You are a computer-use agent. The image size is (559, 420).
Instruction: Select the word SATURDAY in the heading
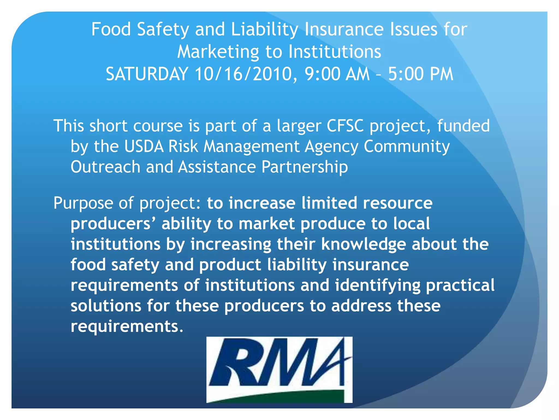[x=147, y=74]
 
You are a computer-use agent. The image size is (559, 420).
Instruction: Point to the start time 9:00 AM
[x=337, y=74]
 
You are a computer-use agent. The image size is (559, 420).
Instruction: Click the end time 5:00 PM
[x=421, y=74]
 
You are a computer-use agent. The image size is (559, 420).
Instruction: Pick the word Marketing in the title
[x=218, y=52]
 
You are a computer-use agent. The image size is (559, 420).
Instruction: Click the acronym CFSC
[x=345, y=126]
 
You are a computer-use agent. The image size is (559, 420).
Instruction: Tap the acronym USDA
[x=144, y=146]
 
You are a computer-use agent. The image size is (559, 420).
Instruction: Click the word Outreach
[x=105, y=167]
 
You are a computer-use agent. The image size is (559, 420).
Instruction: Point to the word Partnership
[x=305, y=167]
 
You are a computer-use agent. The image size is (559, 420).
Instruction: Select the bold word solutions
[x=106, y=306]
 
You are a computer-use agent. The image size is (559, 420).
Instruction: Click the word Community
[x=407, y=147]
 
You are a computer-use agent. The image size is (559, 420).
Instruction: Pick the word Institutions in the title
[x=335, y=52]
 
